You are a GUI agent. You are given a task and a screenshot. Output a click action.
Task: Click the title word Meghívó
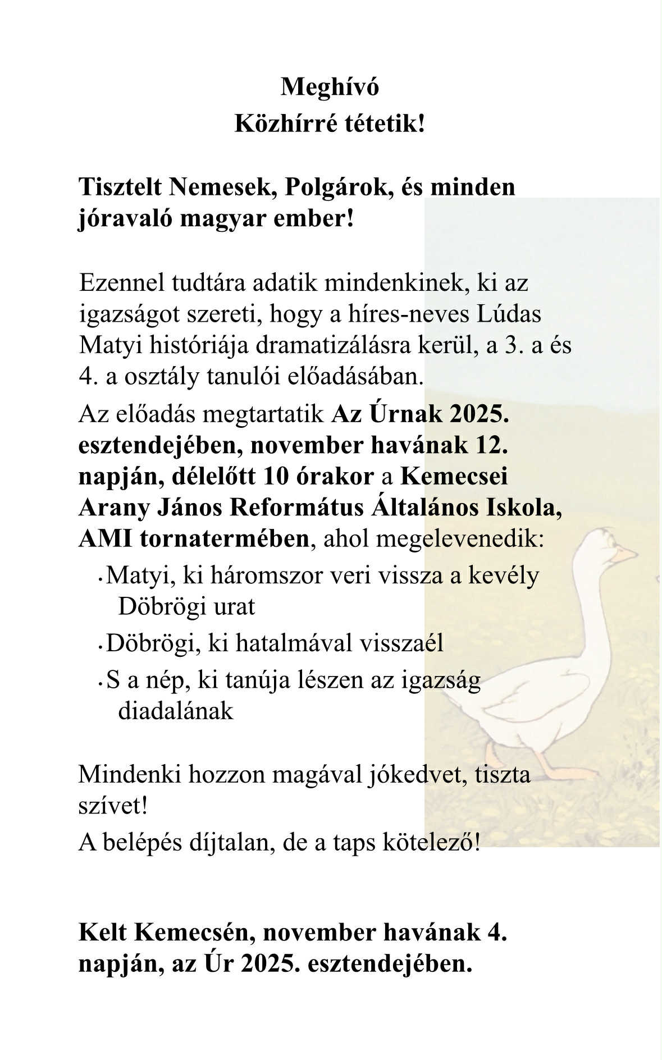[x=330, y=87]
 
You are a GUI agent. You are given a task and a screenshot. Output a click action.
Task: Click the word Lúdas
[x=509, y=314]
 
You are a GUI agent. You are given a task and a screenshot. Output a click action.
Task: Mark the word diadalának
[x=175, y=711]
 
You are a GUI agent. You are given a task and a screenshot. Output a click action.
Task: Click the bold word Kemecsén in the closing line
[x=194, y=933]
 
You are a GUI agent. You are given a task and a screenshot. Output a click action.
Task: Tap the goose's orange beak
[x=625, y=555]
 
